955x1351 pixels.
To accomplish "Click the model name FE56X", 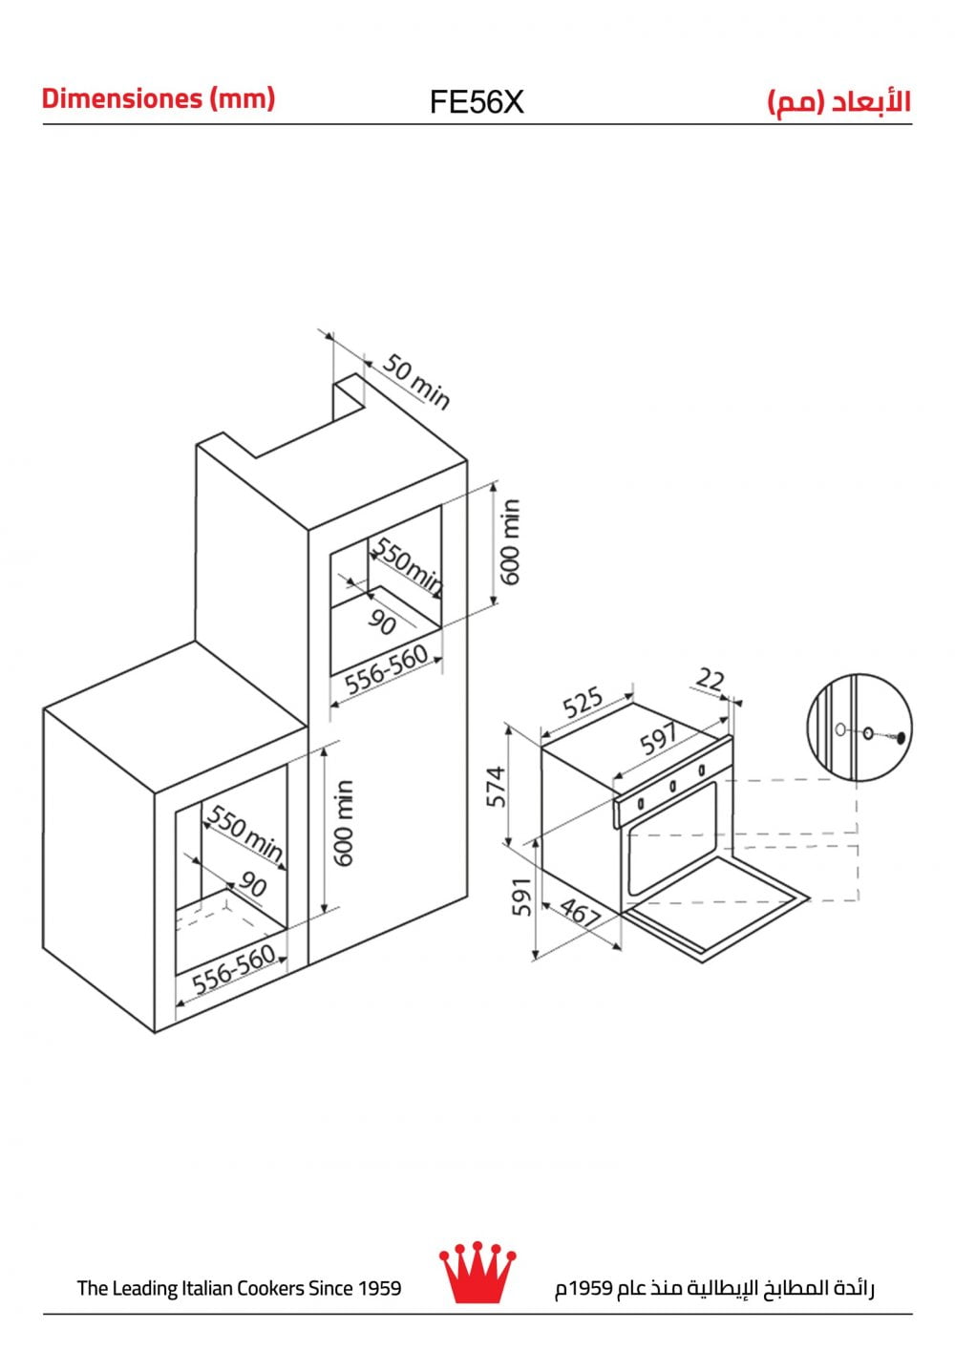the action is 477,102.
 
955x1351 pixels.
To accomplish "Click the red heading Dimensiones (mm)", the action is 159,98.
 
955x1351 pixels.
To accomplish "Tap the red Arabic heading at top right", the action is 839,102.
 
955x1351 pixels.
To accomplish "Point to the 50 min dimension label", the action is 416,382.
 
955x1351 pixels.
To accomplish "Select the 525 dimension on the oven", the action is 583,703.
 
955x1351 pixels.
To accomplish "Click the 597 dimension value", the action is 659,739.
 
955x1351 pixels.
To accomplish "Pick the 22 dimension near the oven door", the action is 711,680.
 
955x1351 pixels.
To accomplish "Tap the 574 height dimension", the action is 496,787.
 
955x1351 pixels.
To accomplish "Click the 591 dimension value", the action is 522,897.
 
